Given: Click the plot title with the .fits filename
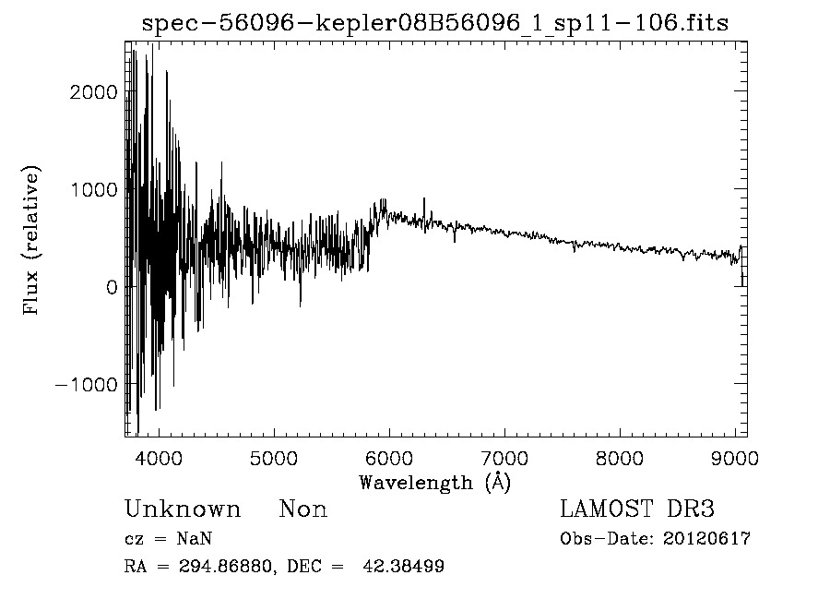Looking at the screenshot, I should click(434, 23).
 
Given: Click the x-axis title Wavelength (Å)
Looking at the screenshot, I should click(434, 482).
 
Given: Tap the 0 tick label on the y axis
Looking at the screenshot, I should click(112, 287).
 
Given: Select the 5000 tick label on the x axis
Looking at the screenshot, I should click(273, 457).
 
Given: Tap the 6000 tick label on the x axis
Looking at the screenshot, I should click(388, 457).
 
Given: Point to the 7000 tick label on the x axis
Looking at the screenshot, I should click(504, 457).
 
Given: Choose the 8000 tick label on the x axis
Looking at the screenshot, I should click(619, 457).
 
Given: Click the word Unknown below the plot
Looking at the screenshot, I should click(183, 509).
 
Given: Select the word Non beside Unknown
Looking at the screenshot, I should click(303, 509).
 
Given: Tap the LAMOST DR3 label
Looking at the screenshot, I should click(637, 509).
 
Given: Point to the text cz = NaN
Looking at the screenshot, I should click(170, 539).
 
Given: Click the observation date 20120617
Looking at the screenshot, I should click(706, 539).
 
